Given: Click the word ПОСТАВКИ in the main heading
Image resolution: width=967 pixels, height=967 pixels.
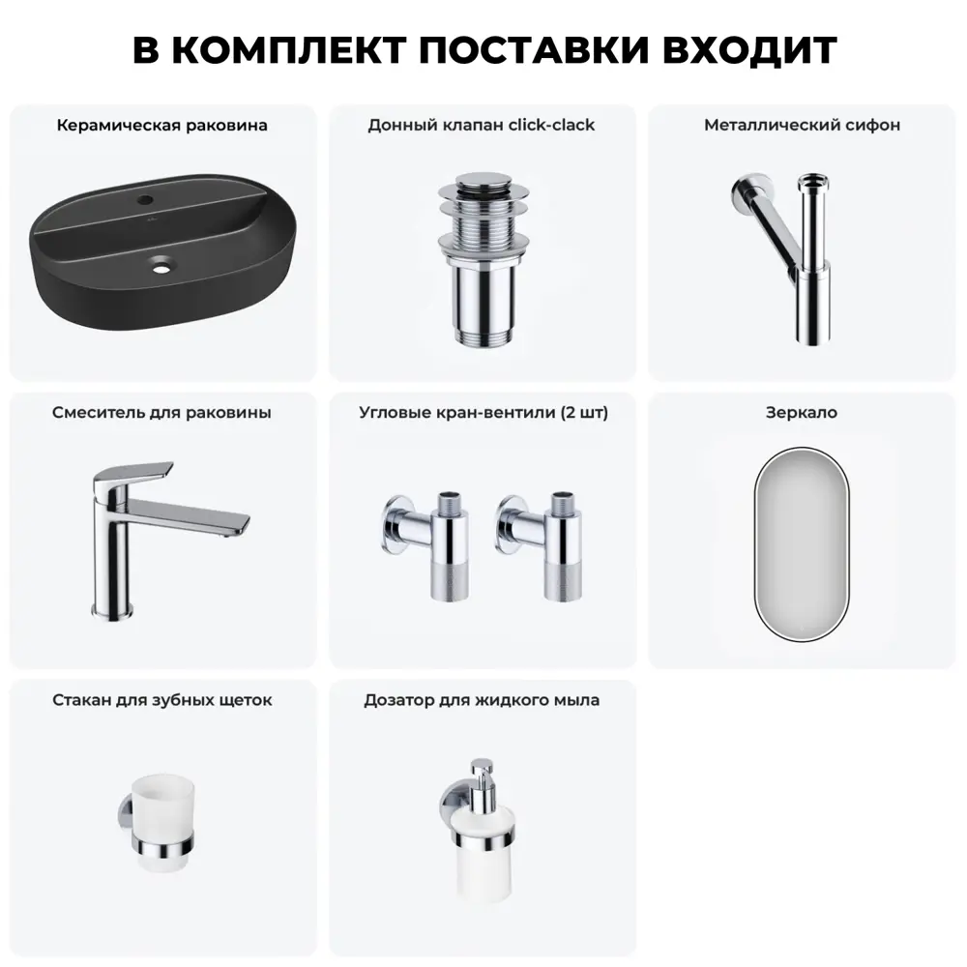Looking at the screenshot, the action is point(534,50).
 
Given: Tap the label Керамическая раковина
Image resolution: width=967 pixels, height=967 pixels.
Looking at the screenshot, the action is point(162,125).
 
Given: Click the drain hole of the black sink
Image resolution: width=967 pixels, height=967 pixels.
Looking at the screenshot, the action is point(161,268).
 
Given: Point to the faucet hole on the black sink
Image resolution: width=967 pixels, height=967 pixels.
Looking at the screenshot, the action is point(146,200).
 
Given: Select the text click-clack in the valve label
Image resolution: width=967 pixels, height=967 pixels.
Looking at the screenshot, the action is point(551,125).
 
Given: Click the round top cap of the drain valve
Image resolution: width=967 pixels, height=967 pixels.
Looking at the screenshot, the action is point(484,183).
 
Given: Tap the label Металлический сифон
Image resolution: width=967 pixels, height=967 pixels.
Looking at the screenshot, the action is point(803,125).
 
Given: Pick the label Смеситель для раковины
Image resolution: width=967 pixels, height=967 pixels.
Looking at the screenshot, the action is point(161,413).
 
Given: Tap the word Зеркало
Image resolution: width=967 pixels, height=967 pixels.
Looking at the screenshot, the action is point(802,413).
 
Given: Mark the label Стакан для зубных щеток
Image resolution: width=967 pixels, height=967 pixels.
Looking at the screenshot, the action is point(162,700).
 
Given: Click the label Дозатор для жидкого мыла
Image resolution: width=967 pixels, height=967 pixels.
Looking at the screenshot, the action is point(482,700).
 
